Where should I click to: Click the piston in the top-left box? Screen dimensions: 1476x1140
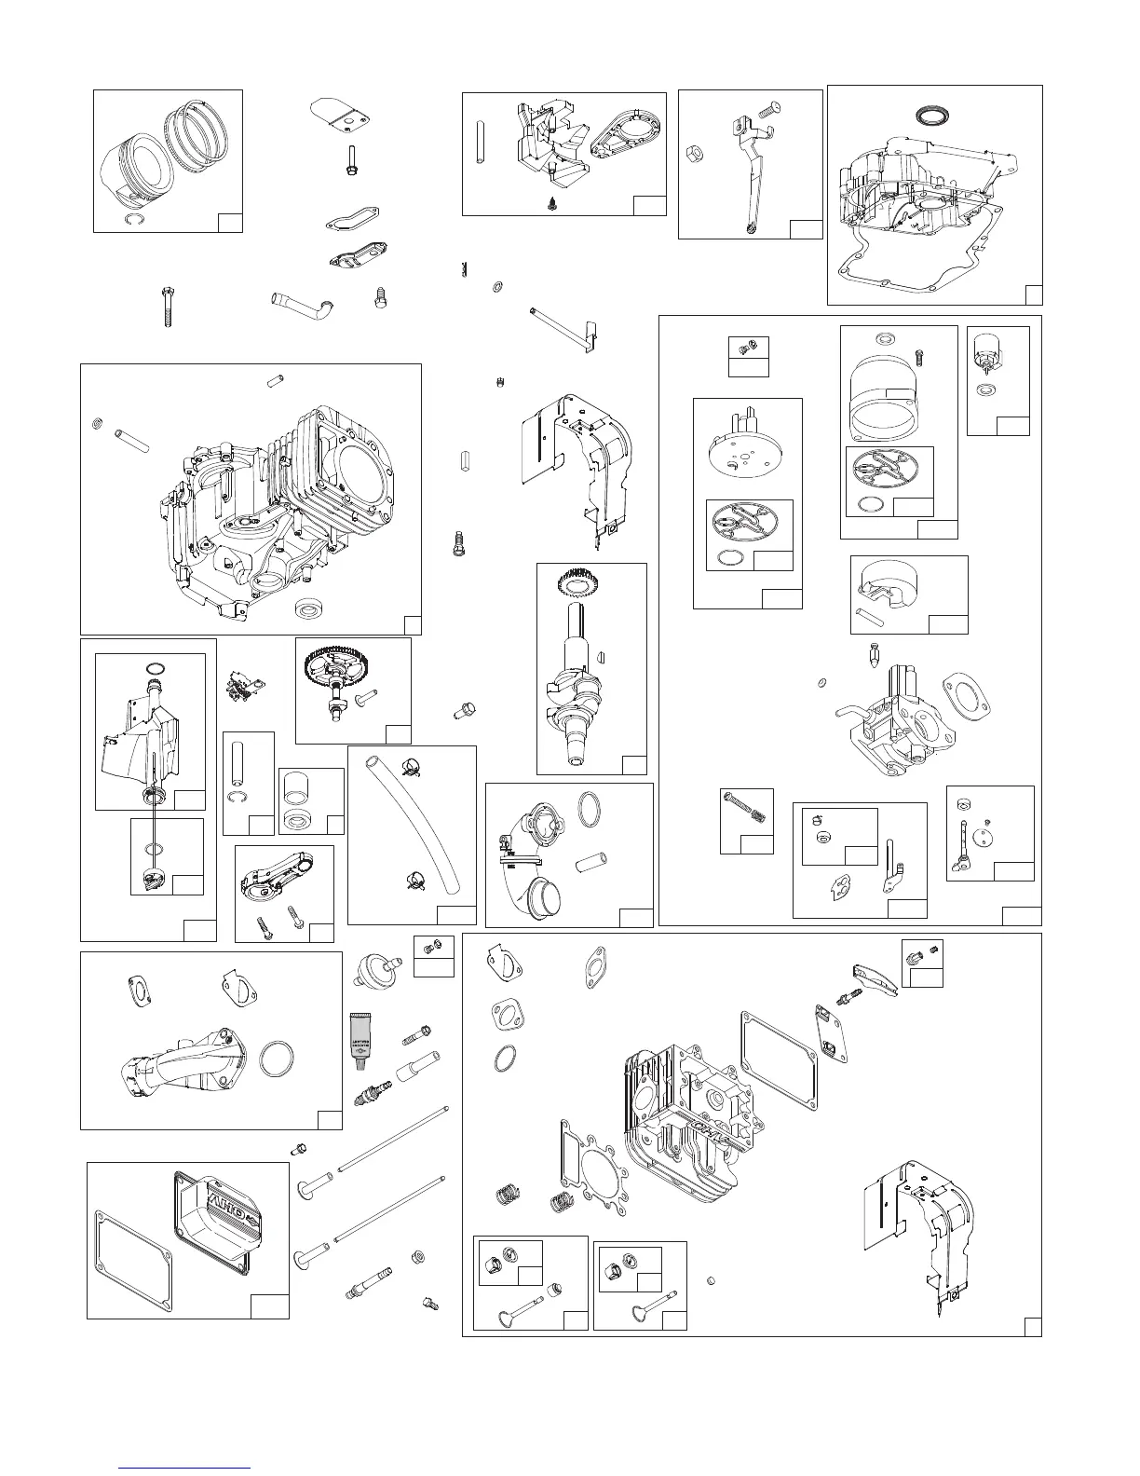coord(138,166)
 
